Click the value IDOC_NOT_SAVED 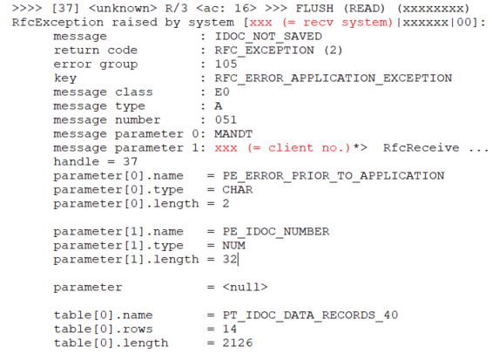(x=268, y=37)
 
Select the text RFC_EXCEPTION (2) (x=279, y=51)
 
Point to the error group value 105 (x=226, y=64)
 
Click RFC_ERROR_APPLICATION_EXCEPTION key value (x=334, y=78)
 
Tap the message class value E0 (x=222, y=92)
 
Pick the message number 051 (x=226, y=119)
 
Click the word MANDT (x=233, y=134)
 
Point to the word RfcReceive (x=421, y=148)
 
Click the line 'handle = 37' (x=96, y=161)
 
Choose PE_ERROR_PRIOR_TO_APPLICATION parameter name (x=334, y=176)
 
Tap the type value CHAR (x=238, y=190)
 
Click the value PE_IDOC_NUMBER (x=276, y=232)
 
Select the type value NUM (x=233, y=245)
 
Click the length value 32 (x=229, y=260)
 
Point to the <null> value (x=245, y=288)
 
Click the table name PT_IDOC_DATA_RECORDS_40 (x=310, y=316)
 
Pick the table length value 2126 (x=238, y=343)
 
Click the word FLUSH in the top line (x=314, y=9)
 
